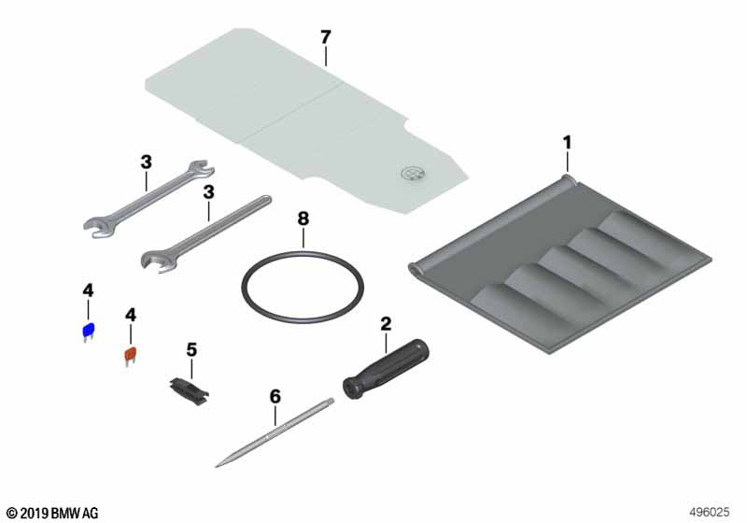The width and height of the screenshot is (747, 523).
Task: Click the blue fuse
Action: pos(89,331)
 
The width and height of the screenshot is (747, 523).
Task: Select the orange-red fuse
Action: pos(131,355)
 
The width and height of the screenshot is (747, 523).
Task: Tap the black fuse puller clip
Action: pos(190,390)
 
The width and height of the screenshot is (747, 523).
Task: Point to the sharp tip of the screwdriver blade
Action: pos(217,466)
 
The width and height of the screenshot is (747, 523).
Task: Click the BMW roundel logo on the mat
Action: pos(413,174)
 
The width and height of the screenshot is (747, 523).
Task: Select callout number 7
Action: pos(325,37)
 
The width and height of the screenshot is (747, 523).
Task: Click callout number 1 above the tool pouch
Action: pos(567,142)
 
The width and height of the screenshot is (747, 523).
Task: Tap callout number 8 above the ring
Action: pos(303,219)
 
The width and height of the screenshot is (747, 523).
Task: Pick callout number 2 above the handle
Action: pos(386,324)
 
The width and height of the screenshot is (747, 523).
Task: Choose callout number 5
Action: pos(191,350)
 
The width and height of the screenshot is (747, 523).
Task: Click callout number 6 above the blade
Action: pos(275,396)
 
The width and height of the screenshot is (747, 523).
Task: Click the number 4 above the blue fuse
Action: pos(88,290)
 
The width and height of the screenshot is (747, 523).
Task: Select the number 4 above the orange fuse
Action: pos(131,315)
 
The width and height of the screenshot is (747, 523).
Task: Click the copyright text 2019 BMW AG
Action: pos(52,513)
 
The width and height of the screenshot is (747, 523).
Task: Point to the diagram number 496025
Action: pos(710,512)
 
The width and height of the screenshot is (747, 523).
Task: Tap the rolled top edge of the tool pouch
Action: pos(491,224)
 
